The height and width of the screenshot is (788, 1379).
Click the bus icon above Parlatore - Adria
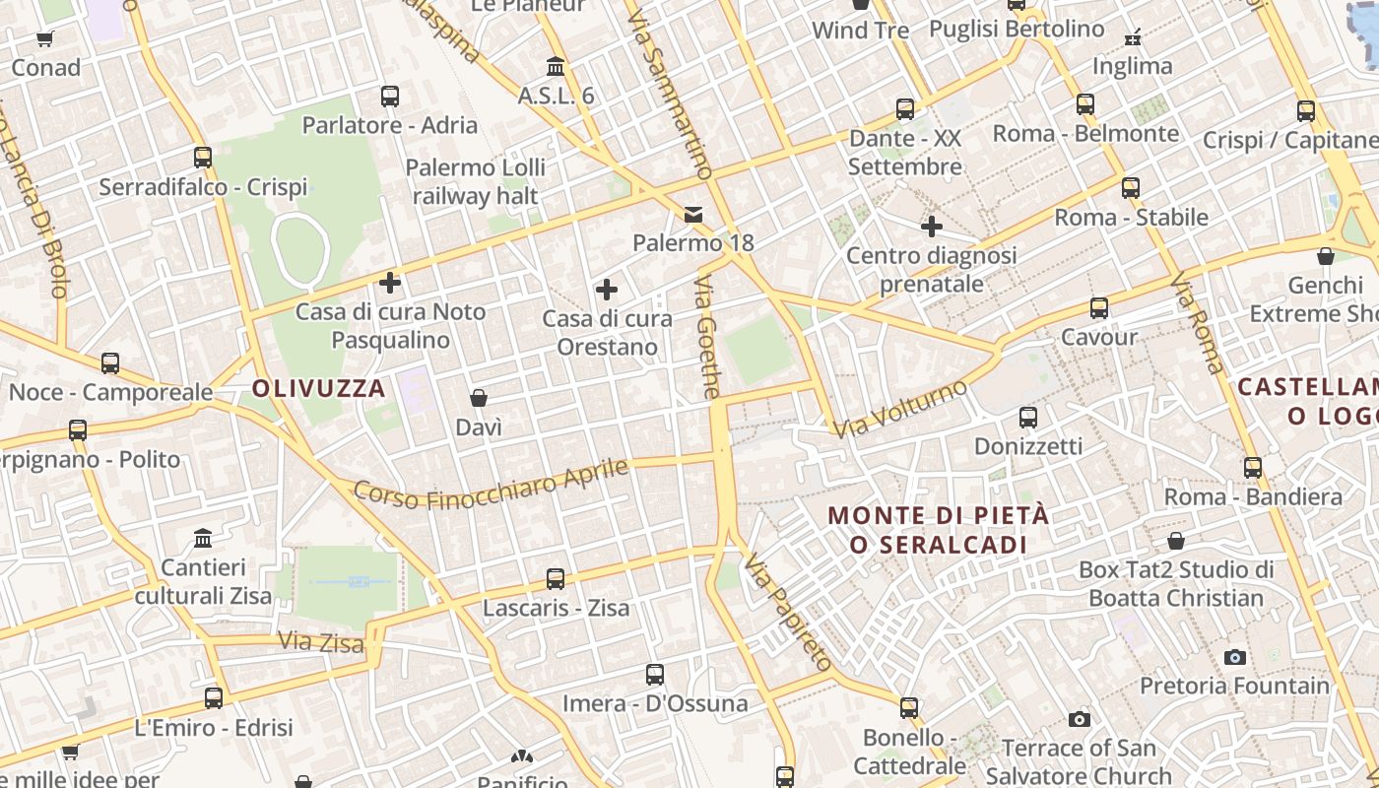point(390,97)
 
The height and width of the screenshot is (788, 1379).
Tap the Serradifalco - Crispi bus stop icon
point(203,158)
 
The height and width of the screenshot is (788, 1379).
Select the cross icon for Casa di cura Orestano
point(607,290)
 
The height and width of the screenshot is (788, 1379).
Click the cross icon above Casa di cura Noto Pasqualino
point(390,283)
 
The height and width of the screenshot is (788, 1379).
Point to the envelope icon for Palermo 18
point(693,214)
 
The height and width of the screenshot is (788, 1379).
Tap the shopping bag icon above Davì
point(479,398)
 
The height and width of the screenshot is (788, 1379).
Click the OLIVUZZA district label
point(318,388)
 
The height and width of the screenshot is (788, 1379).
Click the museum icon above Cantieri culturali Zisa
point(203,539)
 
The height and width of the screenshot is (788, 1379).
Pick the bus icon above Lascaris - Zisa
point(556,579)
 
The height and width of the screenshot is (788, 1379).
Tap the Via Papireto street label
point(789,613)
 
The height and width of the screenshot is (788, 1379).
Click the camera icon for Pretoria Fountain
point(1234,657)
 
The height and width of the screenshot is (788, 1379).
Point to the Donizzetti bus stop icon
point(1028,418)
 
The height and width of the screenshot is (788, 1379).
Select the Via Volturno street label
point(900,409)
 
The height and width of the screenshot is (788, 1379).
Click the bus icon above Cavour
point(1099,308)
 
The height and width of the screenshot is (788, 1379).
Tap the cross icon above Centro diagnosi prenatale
point(931,228)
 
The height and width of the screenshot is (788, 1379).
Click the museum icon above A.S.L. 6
point(556,67)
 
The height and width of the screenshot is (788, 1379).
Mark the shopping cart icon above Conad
point(45,39)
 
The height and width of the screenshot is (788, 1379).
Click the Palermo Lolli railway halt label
point(475,182)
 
